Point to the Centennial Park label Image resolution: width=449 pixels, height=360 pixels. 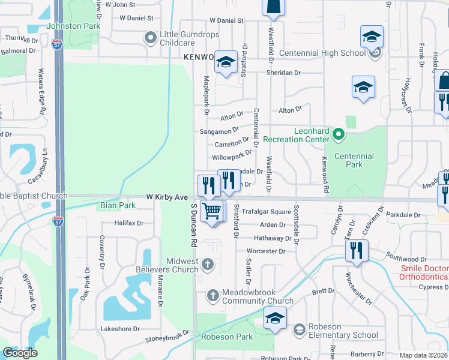coord(354,160)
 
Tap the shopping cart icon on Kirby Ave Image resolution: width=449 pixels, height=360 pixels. coord(211,212)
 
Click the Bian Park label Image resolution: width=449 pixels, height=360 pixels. coord(118,205)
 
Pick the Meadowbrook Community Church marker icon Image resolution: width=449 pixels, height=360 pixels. coord(212,295)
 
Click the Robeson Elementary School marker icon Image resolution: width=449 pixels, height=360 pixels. coord(299,329)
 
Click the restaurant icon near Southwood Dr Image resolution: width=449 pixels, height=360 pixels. coord(357,250)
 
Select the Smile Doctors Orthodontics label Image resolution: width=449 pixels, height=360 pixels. coord(423,272)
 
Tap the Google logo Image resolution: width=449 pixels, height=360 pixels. coord(20,353)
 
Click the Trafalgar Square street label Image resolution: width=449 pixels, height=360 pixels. coord(271,212)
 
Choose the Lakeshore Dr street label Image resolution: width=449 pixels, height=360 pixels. coord(119,329)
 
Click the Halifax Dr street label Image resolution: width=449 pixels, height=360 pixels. coord(129,223)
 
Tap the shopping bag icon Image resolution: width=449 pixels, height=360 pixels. coord(445,80)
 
